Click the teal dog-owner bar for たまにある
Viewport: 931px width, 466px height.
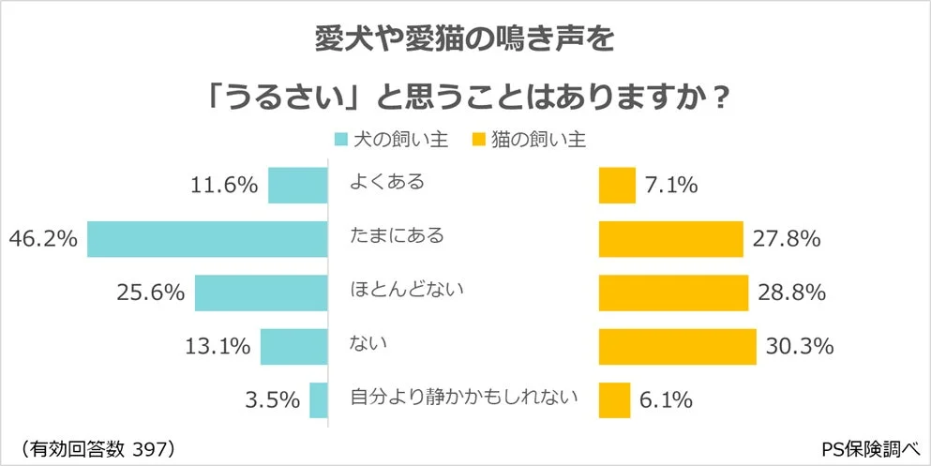click(207, 239)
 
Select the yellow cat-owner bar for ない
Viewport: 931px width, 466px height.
click(677, 347)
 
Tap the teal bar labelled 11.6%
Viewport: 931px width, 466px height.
click(297, 185)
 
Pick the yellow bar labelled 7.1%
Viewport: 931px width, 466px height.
click(617, 185)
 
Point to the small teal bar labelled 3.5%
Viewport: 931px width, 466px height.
click(318, 400)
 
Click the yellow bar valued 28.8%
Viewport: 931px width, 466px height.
click(673, 293)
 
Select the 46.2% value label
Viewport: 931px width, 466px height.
click(42, 240)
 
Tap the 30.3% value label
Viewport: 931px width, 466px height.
click(800, 347)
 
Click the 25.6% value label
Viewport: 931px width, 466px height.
click(150, 293)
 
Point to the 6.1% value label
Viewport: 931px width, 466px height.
click(668, 401)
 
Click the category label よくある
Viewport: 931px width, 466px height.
click(386, 181)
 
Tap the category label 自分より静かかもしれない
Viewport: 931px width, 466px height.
click(463, 397)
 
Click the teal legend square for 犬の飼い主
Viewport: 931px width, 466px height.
click(342, 141)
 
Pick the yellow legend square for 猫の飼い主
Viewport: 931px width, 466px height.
click(477, 141)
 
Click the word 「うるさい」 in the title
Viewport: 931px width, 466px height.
click(293, 95)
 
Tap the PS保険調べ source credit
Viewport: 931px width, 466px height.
click(872, 447)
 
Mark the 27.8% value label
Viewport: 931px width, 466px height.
click(787, 240)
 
